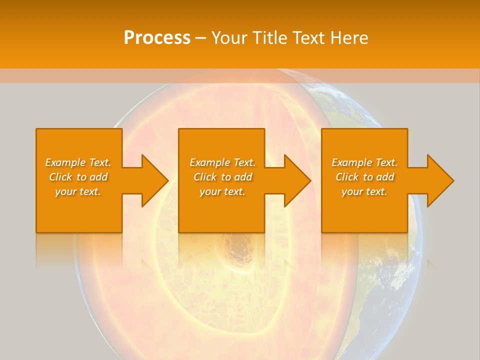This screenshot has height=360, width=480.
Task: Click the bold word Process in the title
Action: point(157,38)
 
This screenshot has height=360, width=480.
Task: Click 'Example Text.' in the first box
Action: point(78,162)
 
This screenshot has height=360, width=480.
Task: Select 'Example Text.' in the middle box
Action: point(222,162)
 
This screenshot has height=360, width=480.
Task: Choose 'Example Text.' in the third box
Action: point(364,162)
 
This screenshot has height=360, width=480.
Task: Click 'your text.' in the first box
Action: point(78,191)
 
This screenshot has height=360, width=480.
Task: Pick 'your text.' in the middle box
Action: point(222,191)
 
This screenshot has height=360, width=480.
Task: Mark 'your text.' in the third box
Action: point(364,191)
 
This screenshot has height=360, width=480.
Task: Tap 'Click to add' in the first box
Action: point(78,177)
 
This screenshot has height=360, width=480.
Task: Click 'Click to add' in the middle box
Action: point(222,177)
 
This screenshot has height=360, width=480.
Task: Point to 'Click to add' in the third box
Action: point(364,177)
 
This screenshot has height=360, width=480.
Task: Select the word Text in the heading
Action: point(307,38)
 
